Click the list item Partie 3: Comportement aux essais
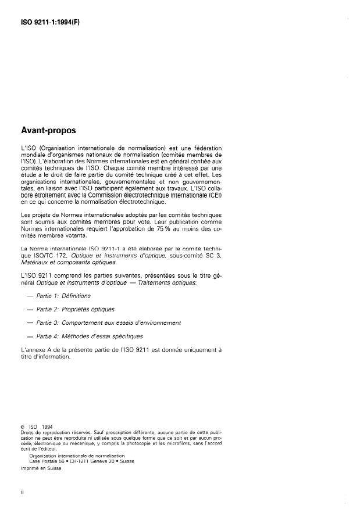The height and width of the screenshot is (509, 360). tap(108, 322)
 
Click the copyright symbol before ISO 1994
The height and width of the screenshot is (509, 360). tap(22, 427)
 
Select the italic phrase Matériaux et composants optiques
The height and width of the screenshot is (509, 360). tap(68, 262)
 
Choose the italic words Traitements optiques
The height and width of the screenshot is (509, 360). tap(170, 282)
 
